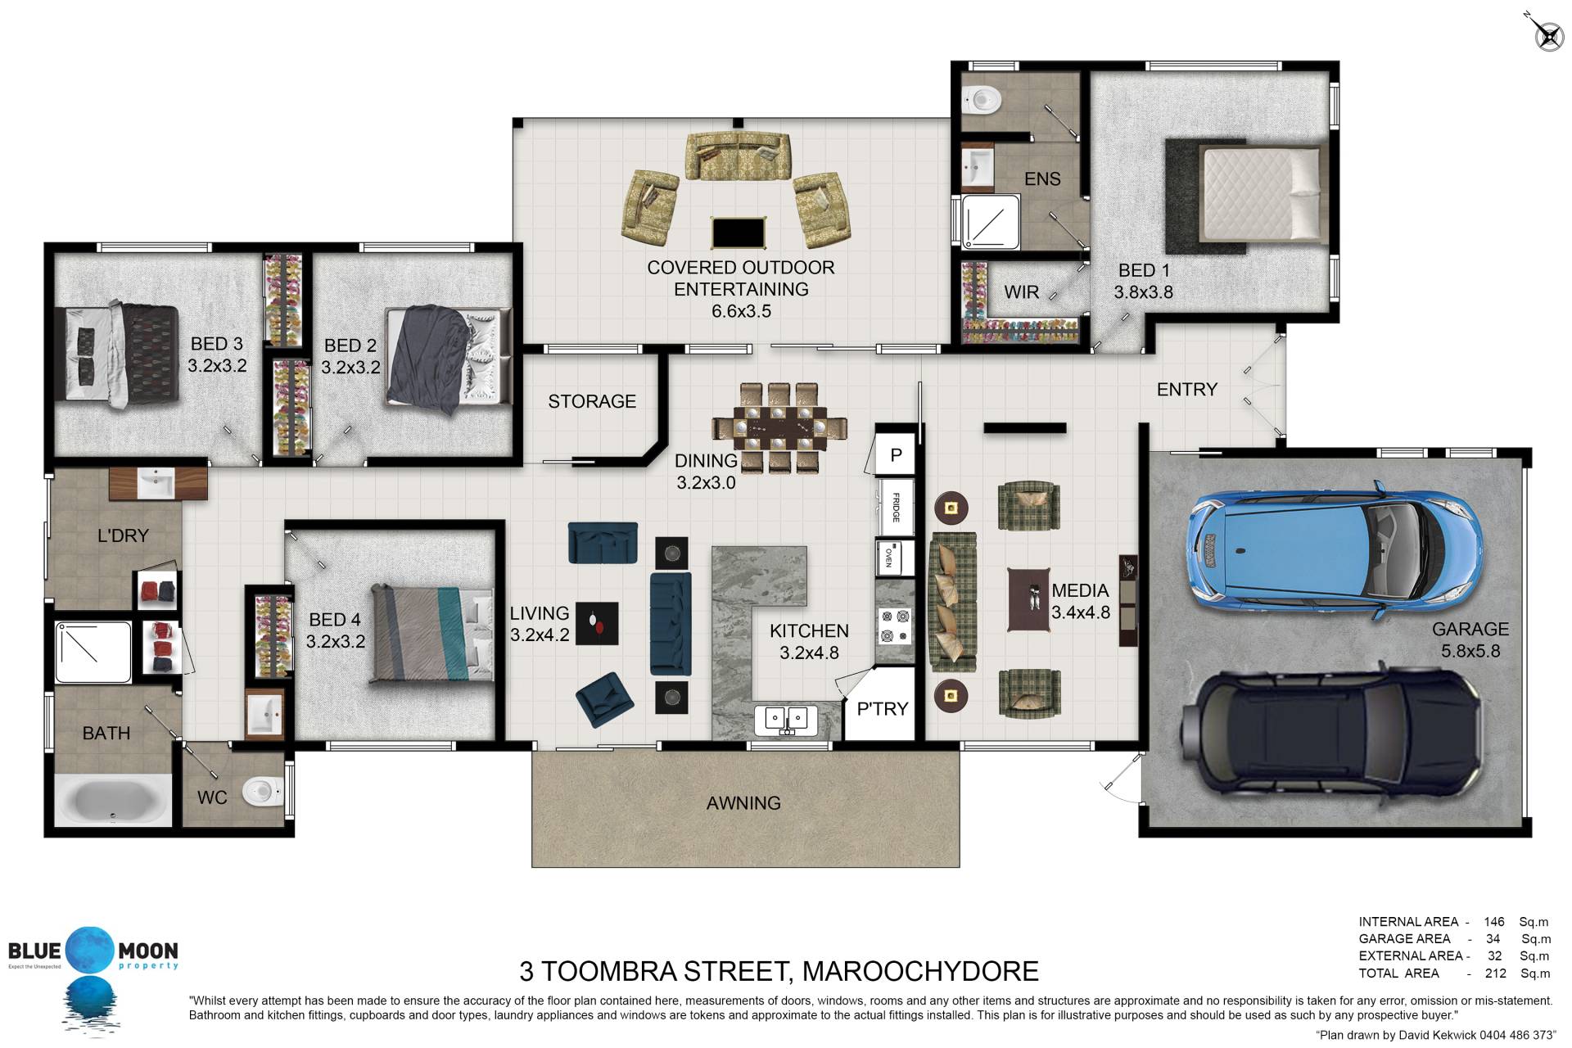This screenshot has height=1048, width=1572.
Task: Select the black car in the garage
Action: [x=1328, y=738]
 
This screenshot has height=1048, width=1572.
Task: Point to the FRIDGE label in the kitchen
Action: [x=896, y=508]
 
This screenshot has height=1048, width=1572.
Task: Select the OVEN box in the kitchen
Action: [x=895, y=558]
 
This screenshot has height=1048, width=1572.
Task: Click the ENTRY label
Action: [x=1186, y=390]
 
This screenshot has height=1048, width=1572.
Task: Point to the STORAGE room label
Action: [x=592, y=401]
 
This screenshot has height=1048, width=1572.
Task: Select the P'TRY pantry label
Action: [x=882, y=709]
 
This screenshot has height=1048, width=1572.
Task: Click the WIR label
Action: [x=1021, y=292]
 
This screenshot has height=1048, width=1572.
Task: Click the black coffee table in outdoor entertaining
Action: [x=739, y=233]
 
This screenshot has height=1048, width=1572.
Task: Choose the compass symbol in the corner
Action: [x=1547, y=34]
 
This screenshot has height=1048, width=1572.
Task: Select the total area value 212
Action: [x=1495, y=973]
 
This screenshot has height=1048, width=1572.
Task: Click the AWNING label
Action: [x=743, y=803]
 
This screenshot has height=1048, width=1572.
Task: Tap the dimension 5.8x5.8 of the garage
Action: [x=1470, y=652]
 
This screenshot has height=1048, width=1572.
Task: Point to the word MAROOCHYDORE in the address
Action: [x=920, y=971]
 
